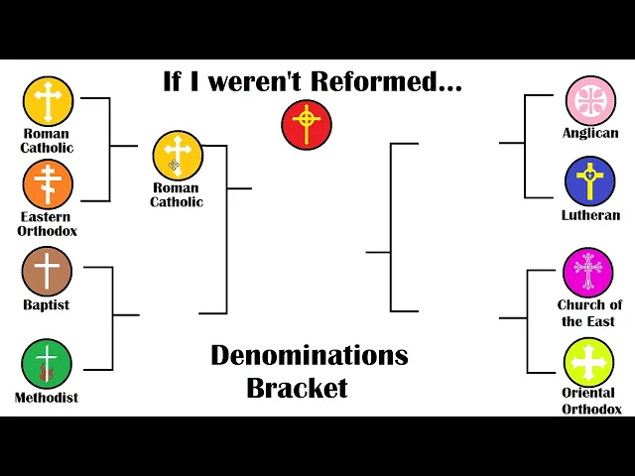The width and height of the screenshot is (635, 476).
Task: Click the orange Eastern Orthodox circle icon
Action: tap(47, 184)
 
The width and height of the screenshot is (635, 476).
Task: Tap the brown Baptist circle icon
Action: tap(47, 272)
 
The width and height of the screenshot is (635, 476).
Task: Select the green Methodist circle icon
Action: tap(47, 364)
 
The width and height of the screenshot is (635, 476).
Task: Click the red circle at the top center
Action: tap(307, 125)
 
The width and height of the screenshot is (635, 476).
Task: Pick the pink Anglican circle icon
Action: tap(590, 101)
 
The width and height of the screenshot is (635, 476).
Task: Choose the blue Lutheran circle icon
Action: tap(590, 181)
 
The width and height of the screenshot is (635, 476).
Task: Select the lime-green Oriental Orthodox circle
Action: tap(589, 362)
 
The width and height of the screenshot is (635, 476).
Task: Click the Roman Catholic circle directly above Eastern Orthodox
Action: tap(48, 101)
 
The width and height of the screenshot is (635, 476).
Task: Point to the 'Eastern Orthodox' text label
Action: tap(47, 224)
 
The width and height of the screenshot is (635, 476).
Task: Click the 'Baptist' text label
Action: tap(47, 305)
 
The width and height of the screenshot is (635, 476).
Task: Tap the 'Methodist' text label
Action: tap(47, 398)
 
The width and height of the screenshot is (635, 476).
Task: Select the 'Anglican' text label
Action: tap(590, 133)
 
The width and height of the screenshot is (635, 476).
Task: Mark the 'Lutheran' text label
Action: tap(590, 215)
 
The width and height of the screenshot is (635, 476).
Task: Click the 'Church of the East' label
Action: tap(589, 313)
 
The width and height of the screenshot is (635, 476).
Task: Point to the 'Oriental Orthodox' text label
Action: tap(591, 401)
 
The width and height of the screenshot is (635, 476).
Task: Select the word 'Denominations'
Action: tap(309, 355)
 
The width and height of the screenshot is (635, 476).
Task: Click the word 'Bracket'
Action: tap(298, 388)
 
